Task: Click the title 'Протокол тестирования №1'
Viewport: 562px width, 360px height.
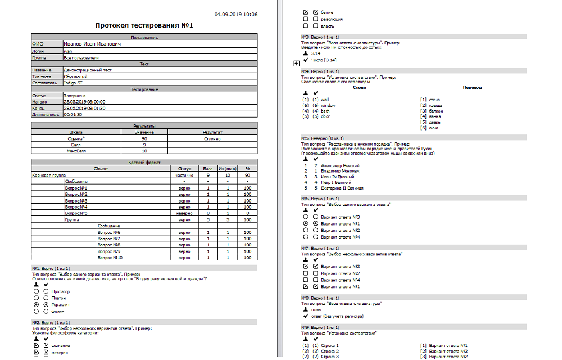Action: tap(144, 26)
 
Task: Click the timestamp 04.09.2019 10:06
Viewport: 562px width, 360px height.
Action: tap(236, 14)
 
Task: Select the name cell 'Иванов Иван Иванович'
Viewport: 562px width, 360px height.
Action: tap(92, 43)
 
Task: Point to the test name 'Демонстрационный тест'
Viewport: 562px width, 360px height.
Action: tap(88, 70)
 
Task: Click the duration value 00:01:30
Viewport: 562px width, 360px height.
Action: tap(73, 114)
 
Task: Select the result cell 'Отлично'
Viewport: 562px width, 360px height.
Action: tap(212, 138)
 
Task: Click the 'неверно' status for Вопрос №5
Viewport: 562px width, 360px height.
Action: tap(184, 213)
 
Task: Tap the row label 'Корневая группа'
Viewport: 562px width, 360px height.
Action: tap(48, 175)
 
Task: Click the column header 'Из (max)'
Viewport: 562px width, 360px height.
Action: tap(228, 168)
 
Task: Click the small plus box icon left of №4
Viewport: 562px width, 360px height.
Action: tap(296, 64)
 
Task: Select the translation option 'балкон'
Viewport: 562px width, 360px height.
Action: tap(436, 111)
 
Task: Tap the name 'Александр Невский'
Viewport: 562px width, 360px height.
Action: tap(340, 166)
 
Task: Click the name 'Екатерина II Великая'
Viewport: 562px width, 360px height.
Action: tap(342, 188)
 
